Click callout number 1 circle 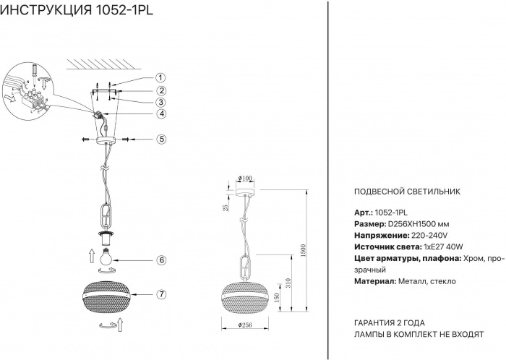pos(161,78)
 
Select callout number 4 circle pos(161,113)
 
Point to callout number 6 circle pos(161,260)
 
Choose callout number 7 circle pos(161,294)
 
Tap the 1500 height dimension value pos(304,249)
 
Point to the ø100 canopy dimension pos(245,179)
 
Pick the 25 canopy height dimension pos(226,209)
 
